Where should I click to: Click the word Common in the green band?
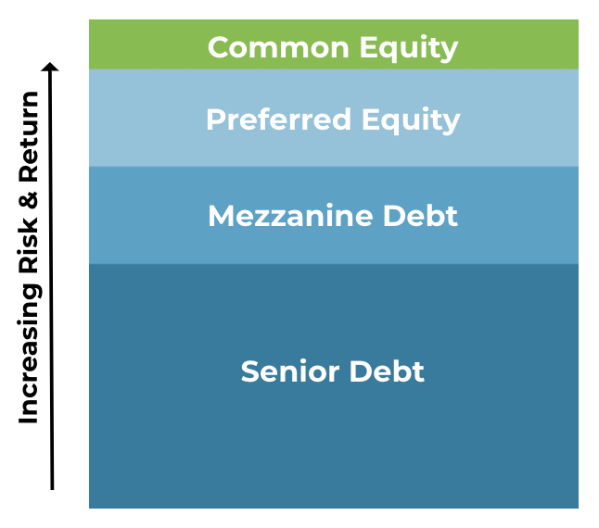click(x=278, y=47)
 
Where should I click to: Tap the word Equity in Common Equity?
click(x=409, y=48)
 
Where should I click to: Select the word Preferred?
click(x=278, y=119)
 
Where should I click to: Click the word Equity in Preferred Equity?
click(x=411, y=120)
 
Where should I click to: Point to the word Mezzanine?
click(x=290, y=216)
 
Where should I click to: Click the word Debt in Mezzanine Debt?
click(x=420, y=216)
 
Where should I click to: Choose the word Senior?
click(x=290, y=371)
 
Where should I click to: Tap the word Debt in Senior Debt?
click(x=387, y=371)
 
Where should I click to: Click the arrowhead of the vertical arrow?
click(x=50, y=67)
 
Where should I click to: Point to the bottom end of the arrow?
click(x=52, y=489)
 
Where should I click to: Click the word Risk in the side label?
click(x=29, y=246)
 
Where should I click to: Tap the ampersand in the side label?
click(x=29, y=200)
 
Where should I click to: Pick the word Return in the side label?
click(x=29, y=136)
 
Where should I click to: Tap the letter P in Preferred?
click(x=215, y=119)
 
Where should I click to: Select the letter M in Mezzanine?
click(x=222, y=216)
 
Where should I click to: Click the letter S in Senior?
click(x=249, y=371)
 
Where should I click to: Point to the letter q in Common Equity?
click(x=389, y=52)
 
